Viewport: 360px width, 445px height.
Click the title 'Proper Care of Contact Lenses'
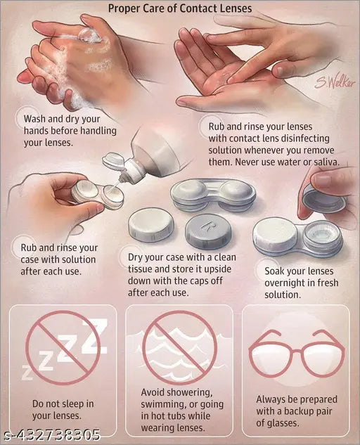(180, 8)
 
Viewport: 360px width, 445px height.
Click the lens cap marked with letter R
(210, 230)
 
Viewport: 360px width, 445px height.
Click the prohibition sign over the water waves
(179, 347)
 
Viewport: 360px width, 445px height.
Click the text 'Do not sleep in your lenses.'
(63, 409)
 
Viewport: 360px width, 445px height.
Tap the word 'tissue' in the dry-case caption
(142, 269)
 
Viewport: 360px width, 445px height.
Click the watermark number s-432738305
(50, 435)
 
